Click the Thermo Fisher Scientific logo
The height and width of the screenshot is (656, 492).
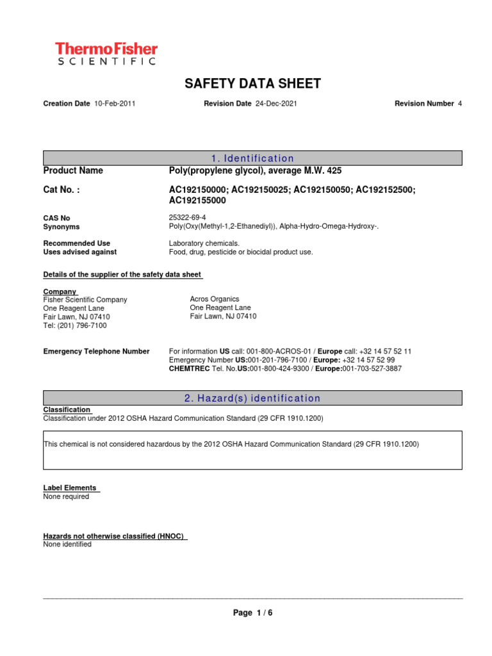coord(106,53)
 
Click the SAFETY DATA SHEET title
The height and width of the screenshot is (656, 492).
coord(252,83)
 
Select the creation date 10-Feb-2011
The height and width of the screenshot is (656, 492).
coord(115,103)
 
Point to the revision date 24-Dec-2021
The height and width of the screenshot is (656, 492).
coord(276,103)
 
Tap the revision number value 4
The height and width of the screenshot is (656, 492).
coord(459,103)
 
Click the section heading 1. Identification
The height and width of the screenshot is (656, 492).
coord(252,158)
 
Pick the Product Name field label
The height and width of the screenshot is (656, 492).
coord(72,170)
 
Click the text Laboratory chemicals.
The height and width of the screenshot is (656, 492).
coord(204,243)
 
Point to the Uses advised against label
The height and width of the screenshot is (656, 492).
coord(79,252)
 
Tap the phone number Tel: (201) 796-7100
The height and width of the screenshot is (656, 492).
coord(75,325)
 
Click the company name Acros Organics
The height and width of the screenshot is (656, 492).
coord(214,299)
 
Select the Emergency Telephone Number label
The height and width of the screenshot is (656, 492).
coord(96,351)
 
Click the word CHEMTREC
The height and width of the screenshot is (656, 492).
coord(188,369)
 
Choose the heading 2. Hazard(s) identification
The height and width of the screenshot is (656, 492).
coord(252,398)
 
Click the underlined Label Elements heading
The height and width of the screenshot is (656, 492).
coord(70,488)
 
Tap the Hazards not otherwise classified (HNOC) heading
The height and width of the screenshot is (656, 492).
coord(115,536)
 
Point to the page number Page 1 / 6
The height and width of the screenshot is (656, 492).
coord(252,612)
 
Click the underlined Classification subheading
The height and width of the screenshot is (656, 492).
coord(67,409)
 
